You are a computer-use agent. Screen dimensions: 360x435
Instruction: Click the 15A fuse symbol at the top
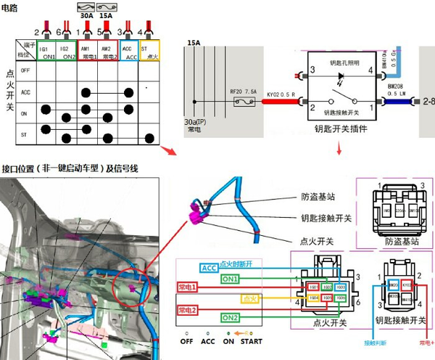click(x=105, y=6)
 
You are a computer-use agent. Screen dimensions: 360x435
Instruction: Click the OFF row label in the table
click(x=25, y=71)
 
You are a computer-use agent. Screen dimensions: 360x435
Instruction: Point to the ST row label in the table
click(x=25, y=136)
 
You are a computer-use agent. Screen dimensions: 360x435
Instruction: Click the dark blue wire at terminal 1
click(x=395, y=103)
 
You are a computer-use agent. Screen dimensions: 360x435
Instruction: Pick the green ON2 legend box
click(x=230, y=318)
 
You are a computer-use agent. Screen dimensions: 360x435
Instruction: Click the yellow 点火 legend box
click(x=251, y=298)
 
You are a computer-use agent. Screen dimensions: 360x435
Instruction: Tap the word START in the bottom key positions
click(x=252, y=340)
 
